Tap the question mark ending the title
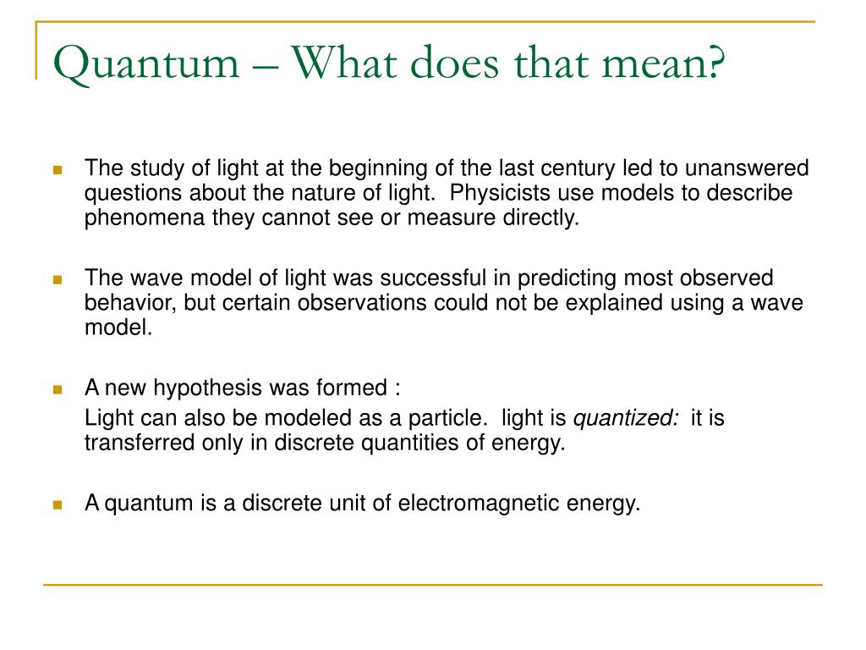pyautogui.click(x=716, y=63)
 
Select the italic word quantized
pyautogui.click(x=626, y=418)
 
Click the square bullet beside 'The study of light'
pyautogui.click(x=58, y=169)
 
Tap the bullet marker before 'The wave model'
pyautogui.click(x=58, y=279)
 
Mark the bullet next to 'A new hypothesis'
pyautogui.click(x=58, y=389)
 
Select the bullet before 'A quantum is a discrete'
pyautogui.click(x=58, y=504)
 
